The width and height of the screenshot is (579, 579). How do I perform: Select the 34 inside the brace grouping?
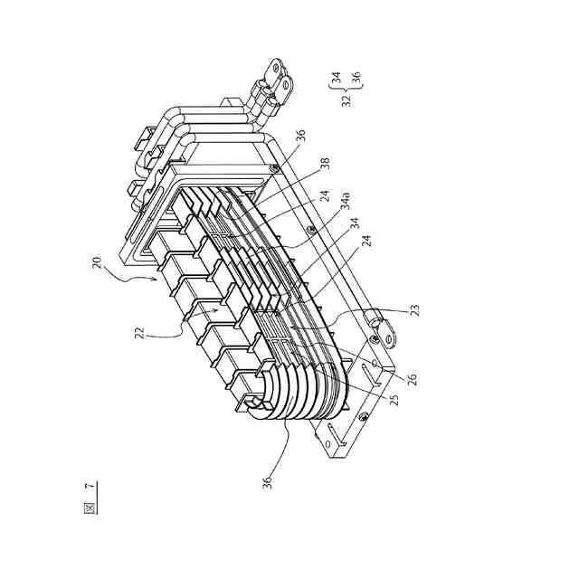(x=335, y=80)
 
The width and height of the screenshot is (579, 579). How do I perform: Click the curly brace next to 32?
(x=346, y=87)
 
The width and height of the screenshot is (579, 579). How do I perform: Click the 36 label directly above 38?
(x=301, y=136)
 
